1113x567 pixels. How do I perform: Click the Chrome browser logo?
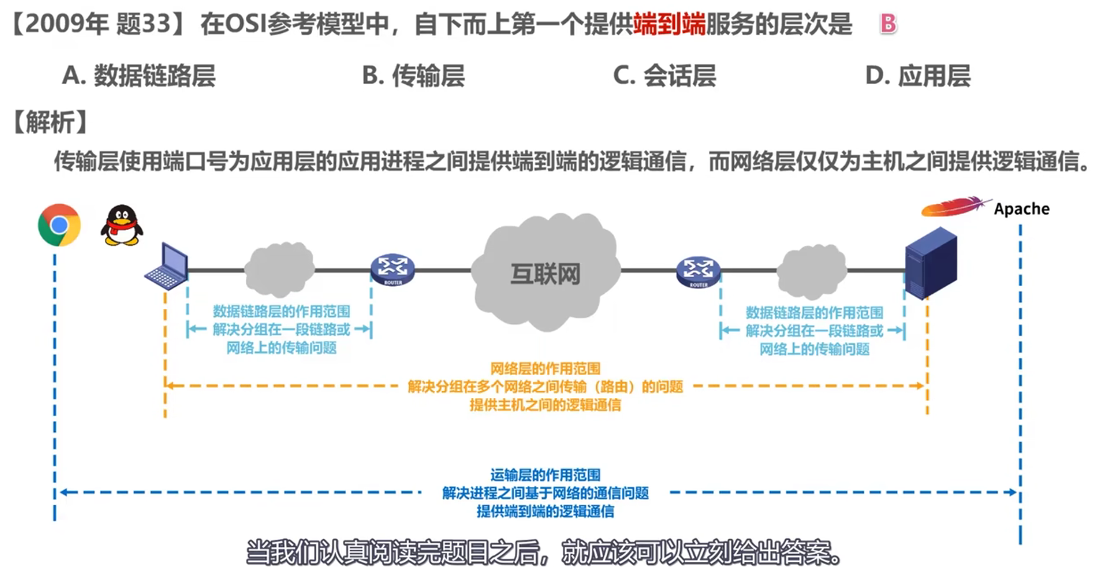click(59, 225)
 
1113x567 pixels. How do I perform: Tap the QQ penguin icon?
click(122, 226)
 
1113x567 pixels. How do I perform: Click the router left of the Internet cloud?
click(393, 269)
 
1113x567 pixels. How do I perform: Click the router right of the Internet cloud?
click(698, 271)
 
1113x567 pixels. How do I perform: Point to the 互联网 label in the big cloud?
click(545, 274)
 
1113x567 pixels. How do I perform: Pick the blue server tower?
click(930, 262)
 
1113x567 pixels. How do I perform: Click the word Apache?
click(1021, 209)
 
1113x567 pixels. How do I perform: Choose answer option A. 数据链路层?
click(139, 75)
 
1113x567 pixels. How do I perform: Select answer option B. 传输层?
click(413, 75)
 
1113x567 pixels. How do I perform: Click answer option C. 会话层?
click(664, 75)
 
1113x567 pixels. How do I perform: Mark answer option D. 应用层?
click(918, 75)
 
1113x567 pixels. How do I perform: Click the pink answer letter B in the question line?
click(889, 24)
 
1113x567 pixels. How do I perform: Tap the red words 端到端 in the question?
click(669, 24)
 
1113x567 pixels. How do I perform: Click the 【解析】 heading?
click(50, 122)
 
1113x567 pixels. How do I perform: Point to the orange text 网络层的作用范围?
click(545, 369)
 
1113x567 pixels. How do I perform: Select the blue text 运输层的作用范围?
click(545, 475)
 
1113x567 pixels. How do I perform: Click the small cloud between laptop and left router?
click(279, 269)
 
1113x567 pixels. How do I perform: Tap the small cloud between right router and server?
click(812, 272)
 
